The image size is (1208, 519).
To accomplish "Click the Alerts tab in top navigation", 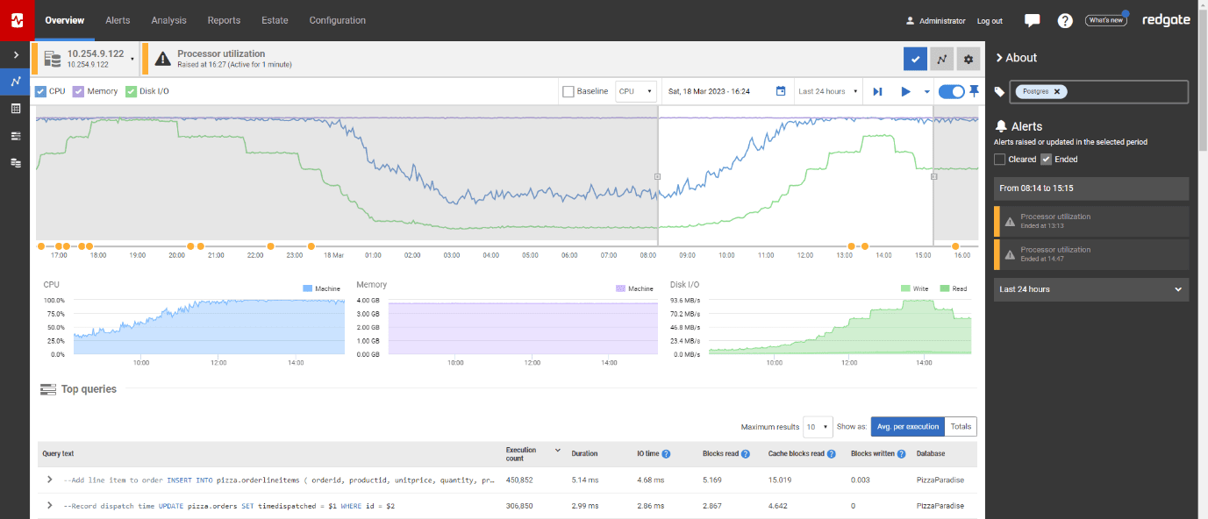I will (118, 20).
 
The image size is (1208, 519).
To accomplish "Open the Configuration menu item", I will (337, 20).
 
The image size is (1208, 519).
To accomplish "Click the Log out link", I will (990, 21).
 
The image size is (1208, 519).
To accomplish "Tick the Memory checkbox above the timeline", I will (78, 91).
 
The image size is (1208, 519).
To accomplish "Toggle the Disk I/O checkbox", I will (132, 91).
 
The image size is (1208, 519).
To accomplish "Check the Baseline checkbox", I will (568, 91).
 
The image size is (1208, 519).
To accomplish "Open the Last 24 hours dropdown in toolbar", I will (827, 91).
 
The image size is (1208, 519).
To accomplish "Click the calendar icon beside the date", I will (781, 91).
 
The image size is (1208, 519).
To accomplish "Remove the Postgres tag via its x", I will (1057, 91).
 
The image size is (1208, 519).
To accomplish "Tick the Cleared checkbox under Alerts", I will (999, 160).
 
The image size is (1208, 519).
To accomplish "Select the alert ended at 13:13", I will (1091, 221).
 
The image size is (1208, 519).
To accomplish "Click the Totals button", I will (961, 427).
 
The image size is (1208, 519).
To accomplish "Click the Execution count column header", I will (521, 453).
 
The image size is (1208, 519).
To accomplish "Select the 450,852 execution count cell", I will (521, 480).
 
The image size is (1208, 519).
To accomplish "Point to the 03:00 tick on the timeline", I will (451, 255).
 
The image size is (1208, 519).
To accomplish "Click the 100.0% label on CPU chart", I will (54, 300).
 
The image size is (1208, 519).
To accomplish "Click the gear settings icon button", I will (969, 59).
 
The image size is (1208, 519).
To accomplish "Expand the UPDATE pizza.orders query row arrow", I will (49, 506).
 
